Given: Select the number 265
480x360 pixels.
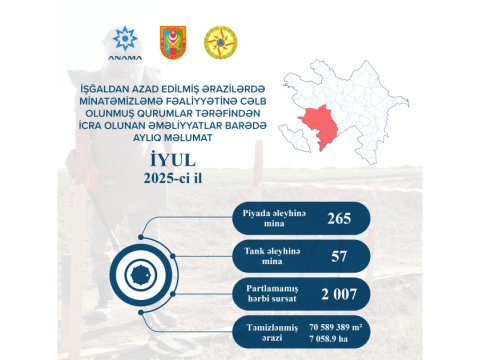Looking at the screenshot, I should (339, 219).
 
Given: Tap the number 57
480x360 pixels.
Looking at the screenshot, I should (339, 256).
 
